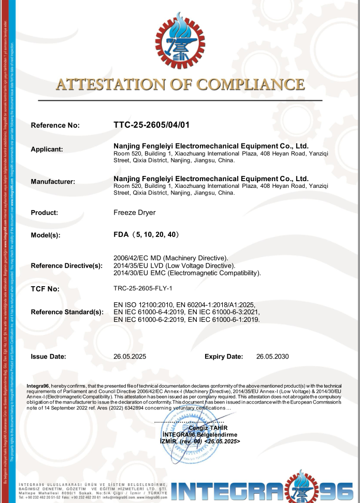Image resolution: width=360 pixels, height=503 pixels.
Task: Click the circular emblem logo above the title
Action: tap(180, 40)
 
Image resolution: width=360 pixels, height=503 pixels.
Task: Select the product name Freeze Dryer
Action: tap(134, 212)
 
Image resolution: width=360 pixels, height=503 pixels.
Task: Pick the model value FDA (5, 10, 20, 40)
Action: tap(146, 234)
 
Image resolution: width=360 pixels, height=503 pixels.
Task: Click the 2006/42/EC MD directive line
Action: tap(171, 257)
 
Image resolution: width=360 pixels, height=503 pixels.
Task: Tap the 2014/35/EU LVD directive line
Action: tap(171, 265)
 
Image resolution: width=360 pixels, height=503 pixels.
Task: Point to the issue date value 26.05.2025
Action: tap(131, 357)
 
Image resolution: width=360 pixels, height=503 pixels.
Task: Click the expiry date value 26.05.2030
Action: tap(272, 357)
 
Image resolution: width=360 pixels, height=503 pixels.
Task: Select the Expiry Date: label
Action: tap(224, 357)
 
